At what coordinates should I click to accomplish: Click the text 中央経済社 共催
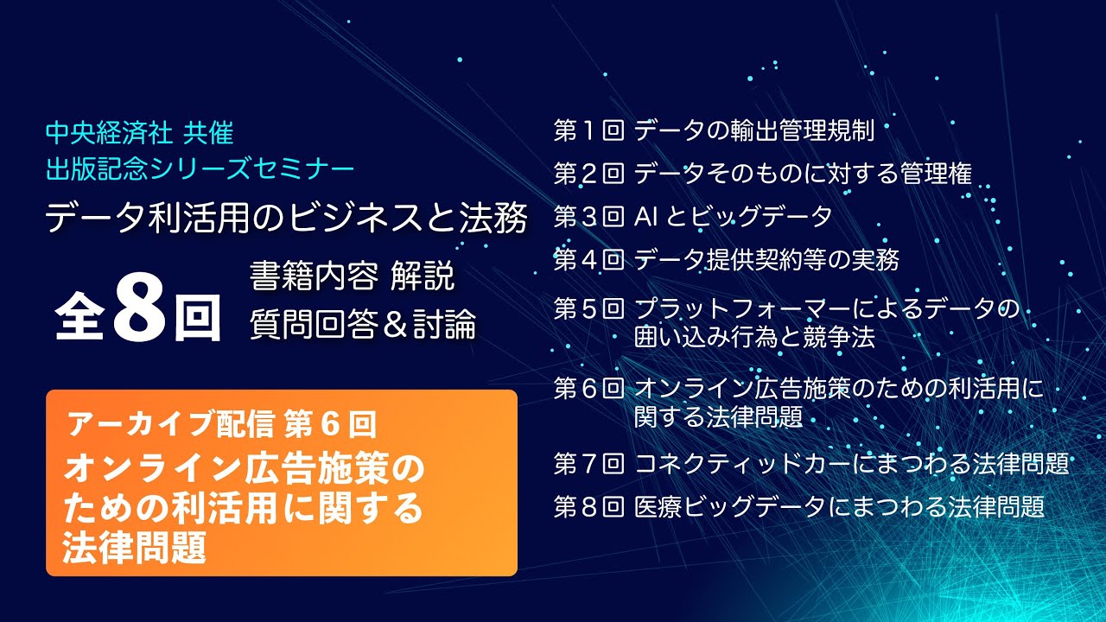[x=139, y=133]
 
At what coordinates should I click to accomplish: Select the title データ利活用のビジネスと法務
[x=286, y=219]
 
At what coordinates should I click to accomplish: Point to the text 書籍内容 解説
[x=352, y=278]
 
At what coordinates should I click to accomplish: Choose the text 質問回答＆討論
[x=362, y=326]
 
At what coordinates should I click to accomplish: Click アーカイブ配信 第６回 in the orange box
[x=221, y=424]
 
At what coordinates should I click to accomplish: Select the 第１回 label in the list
[x=588, y=131]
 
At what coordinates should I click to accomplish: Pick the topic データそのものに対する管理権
[x=803, y=174]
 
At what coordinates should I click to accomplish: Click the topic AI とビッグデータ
[x=733, y=216]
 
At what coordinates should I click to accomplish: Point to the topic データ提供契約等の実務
[x=766, y=258]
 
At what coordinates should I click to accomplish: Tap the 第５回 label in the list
[x=588, y=308]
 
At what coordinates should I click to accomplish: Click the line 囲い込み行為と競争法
[x=754, y=337]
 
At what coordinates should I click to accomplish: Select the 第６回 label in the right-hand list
[x=588, y=389]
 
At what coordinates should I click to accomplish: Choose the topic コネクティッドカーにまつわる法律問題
[x=852, y=464]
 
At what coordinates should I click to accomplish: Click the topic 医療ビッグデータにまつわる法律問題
[x=839, y=506]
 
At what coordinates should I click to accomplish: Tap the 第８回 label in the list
[x=588, y=506]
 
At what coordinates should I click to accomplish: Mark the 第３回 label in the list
[x=588, y=216]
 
